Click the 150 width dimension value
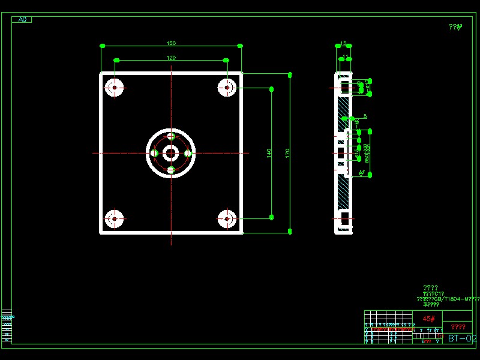(171, 43)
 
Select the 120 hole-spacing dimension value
(171, 58)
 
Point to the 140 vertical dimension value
(269, 153)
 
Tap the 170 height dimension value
(287, 153)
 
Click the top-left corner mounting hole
(114, 88)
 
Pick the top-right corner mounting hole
(227, 88)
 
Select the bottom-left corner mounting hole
(114, 219)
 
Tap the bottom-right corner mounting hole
(227, 219)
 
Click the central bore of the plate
(171, 154)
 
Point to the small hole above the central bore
(171, 137)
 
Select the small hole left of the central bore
(154, 154)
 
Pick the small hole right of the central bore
(188, 154)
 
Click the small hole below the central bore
(171, 170)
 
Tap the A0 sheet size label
(22, 19)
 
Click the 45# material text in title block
(428, 319)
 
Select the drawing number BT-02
(462, 338)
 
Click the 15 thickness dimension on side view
(343, 43)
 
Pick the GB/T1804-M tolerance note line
(448, 298)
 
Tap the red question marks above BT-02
(458, 327)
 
